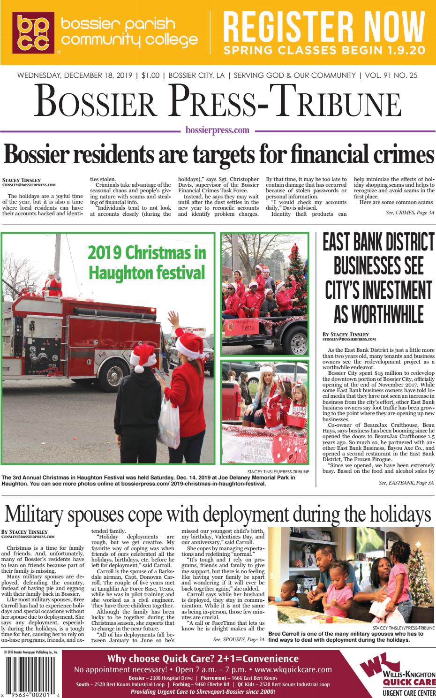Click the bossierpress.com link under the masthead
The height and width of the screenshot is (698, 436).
pos(218,130)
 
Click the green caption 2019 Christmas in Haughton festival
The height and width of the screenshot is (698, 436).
pos(147,262)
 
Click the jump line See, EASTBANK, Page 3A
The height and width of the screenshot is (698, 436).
pos(406,482)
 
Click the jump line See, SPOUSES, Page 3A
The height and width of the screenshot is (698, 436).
pos(238,639)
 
